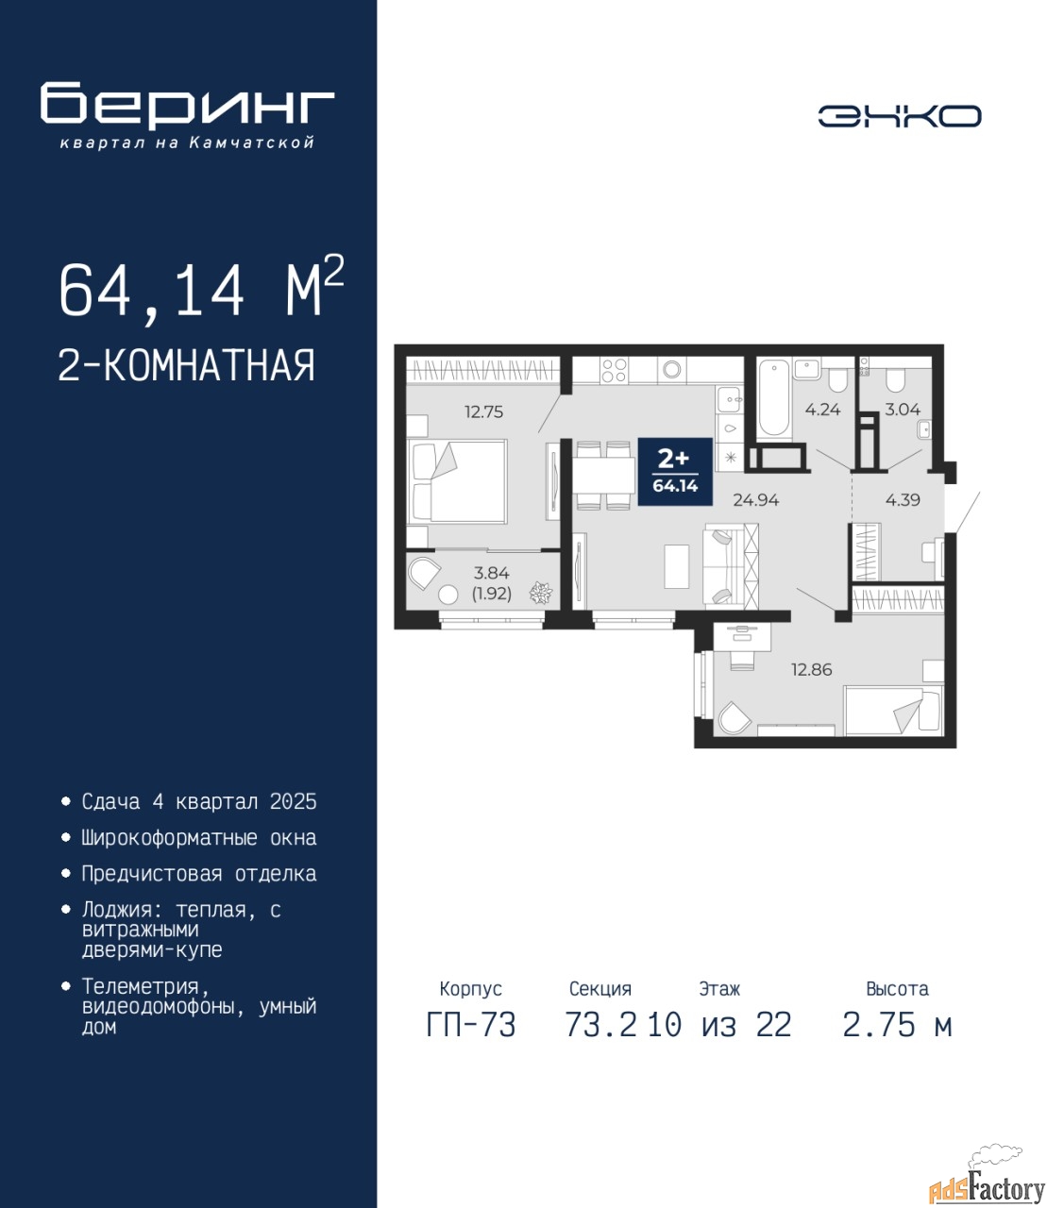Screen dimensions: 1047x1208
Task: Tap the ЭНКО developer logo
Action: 899,116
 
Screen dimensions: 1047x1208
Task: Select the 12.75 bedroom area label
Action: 484,412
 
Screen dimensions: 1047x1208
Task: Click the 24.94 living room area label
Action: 756,499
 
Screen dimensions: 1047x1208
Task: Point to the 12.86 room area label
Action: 812,669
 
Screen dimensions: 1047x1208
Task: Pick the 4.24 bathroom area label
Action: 822,410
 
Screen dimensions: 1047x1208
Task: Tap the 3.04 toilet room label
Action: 903,410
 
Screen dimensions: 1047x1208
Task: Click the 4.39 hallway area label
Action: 903,499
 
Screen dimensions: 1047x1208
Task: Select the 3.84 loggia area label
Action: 491,573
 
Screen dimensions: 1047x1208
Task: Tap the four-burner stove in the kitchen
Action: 614,370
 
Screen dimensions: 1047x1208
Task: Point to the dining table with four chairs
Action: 602,477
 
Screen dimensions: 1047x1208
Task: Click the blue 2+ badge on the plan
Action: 675,471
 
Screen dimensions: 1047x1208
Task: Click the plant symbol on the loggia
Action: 541,594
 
